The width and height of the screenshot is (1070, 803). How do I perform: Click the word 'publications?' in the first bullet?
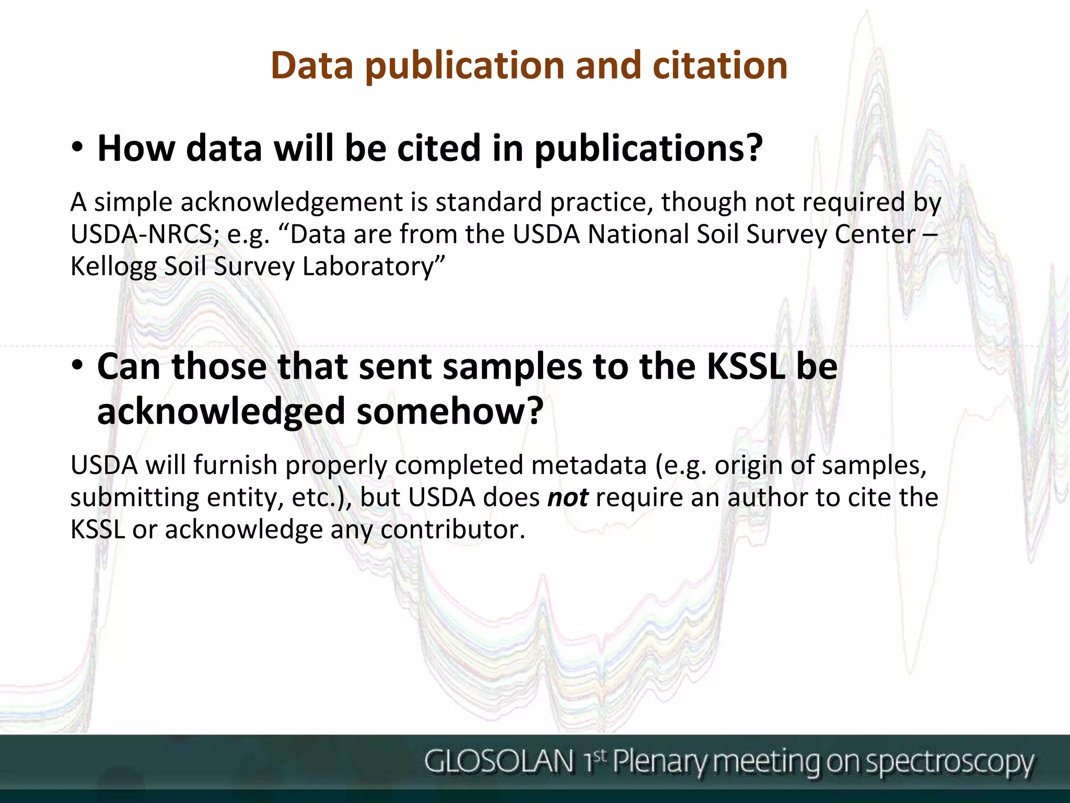click(648, 149)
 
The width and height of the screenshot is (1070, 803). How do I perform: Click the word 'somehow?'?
click(450, 411)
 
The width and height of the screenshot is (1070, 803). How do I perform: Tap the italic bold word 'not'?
click(567, 498)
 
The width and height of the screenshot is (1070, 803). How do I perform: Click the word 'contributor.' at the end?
click(452, 530)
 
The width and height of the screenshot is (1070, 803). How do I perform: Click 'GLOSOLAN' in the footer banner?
click(498, 761)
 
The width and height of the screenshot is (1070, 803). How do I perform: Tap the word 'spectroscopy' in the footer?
click(949, 763)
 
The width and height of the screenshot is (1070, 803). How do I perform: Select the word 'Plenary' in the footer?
click(661, 762)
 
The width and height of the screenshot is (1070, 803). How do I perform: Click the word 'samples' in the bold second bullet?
click(512, 368)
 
